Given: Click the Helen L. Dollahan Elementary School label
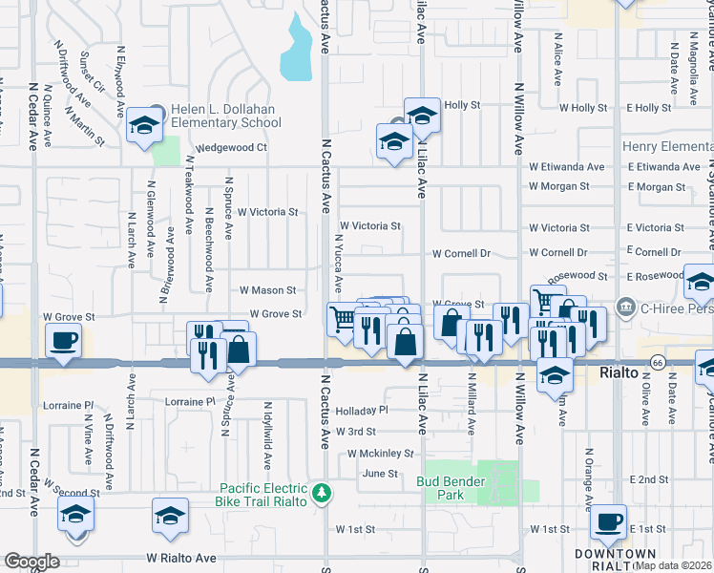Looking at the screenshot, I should (x=224, y=116).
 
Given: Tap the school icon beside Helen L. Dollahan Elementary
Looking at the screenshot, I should (x=144, y=126).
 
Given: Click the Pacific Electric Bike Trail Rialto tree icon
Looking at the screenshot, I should (x=324, y=493).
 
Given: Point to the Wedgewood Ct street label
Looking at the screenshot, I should (x=231, y=148).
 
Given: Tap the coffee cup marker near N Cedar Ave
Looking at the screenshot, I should (x=64, y=340).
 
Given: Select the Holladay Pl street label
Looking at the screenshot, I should (x=363, y=410).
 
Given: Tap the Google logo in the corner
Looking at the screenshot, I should (x=31, y=562).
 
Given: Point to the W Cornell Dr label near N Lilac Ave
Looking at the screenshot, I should (x=460, y=254).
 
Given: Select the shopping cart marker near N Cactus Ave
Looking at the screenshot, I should (x=342, y=317).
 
